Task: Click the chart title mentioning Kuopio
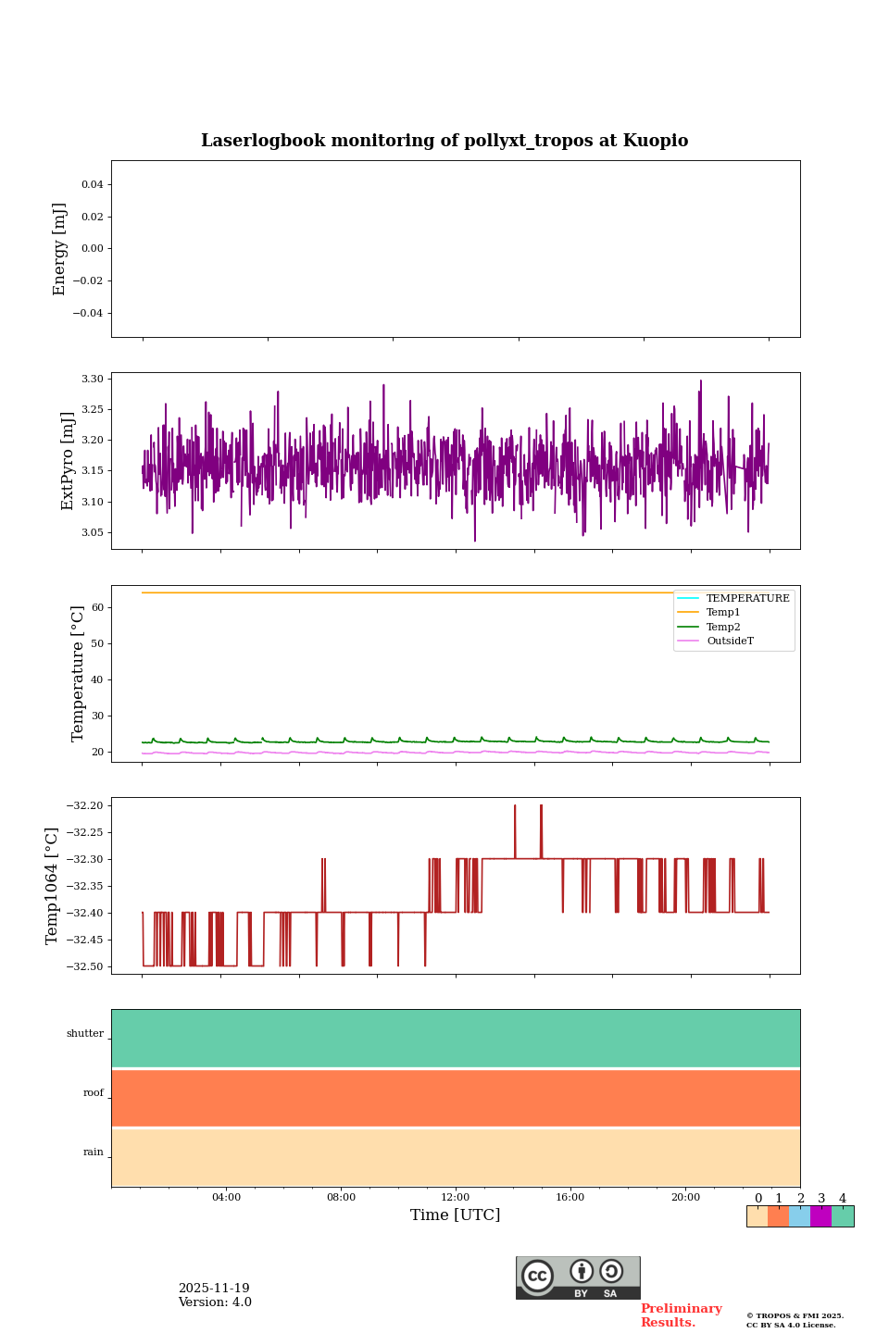coord(444,141)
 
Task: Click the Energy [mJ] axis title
coord(60,249)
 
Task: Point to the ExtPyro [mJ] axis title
coord(68,461)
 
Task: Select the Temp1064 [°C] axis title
coord(53,886)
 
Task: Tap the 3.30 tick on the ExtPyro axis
coord(92,379)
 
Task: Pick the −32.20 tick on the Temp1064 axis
coord(83,805)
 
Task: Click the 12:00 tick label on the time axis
coord(456,1198)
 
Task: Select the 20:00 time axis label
coord(685,1198)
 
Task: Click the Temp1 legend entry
coord(723,613)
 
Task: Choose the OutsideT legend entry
coord(730,642)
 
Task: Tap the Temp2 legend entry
coord(723,628)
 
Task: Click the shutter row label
coord(85,1034)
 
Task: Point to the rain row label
coord(94,1152)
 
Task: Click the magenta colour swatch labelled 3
coord(820,1216)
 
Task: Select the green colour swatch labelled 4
coord(843,1216)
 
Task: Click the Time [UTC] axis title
coord(456,1215)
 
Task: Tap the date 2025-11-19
coord(214,1289)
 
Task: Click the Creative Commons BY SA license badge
coord(578,1277)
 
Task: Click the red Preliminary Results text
coord(681,1315)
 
